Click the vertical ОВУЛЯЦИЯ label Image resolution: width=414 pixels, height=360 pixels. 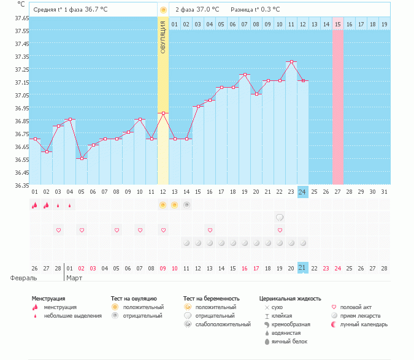tap(163, 37)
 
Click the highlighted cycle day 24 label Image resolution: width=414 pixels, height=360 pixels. tap(302, 192)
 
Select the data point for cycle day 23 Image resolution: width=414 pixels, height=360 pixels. tap(291, 62)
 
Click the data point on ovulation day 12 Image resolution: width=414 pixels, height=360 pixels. tap(163, 113)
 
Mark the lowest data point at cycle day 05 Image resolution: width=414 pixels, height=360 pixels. tap(82, 158)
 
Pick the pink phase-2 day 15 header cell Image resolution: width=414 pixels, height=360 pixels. tap(337, 24)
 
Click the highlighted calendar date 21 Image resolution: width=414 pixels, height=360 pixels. tap(302, 268)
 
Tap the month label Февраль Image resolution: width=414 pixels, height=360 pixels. tap(18, 278)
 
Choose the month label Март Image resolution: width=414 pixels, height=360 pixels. tap(74, 278)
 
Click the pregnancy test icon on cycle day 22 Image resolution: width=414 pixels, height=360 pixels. tap(280, 217)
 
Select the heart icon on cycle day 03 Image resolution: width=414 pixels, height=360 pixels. tap(58, 230)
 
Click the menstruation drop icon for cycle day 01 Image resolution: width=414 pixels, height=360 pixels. tap(35, 205)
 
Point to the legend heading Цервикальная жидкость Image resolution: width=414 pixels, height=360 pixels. tap(290, 299)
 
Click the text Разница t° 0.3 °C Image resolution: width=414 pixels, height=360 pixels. tap(255, 10)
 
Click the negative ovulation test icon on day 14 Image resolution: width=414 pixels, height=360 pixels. tap(186, 205)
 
